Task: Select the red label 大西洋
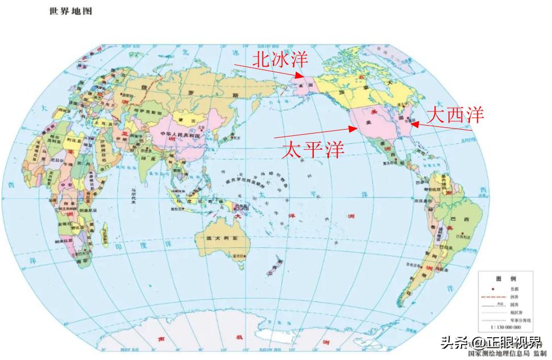455,115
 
